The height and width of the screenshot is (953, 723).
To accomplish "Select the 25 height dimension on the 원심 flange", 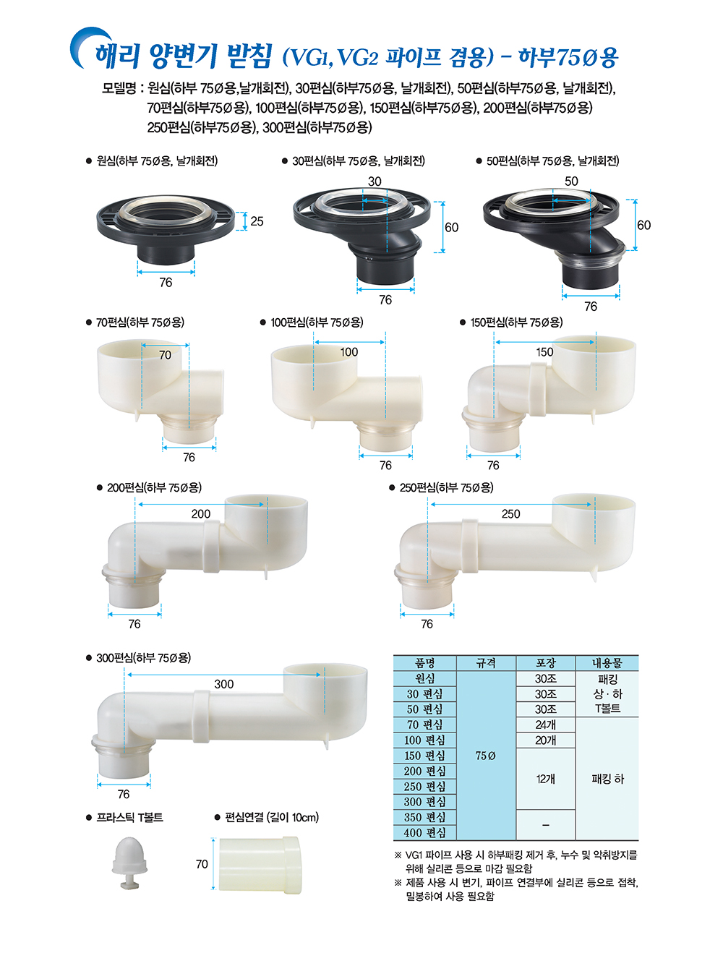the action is (x=257, y=221).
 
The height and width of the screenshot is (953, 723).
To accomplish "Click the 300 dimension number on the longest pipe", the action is (x=224, y=684).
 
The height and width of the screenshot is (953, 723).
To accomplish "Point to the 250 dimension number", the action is (x=510, y=514).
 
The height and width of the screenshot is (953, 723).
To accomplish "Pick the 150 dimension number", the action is (x=544, y=352).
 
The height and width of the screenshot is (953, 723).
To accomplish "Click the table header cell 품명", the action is (x=425, y=663).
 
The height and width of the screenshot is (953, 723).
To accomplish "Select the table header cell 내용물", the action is (x=607, y=663).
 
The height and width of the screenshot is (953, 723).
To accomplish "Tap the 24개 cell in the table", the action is (x=546, y=725).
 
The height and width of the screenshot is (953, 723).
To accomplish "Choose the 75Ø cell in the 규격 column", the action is (x=486, y=756).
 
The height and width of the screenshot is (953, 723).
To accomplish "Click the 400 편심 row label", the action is (x=425, y=833).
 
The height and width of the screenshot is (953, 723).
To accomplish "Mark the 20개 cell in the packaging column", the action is (x=546, y=740).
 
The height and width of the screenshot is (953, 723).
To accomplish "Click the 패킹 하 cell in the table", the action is (x=607, y=779).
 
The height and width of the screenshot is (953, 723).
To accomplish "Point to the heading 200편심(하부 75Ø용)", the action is (x=154, y=487).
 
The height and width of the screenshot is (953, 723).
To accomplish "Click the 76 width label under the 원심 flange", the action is (x=166, y=283).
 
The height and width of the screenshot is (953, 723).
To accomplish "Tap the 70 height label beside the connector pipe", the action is (x=202, y=865).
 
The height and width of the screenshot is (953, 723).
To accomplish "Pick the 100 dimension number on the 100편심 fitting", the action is (x=349, y=352).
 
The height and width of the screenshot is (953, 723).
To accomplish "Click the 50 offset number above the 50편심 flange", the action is (x=572, y=181).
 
